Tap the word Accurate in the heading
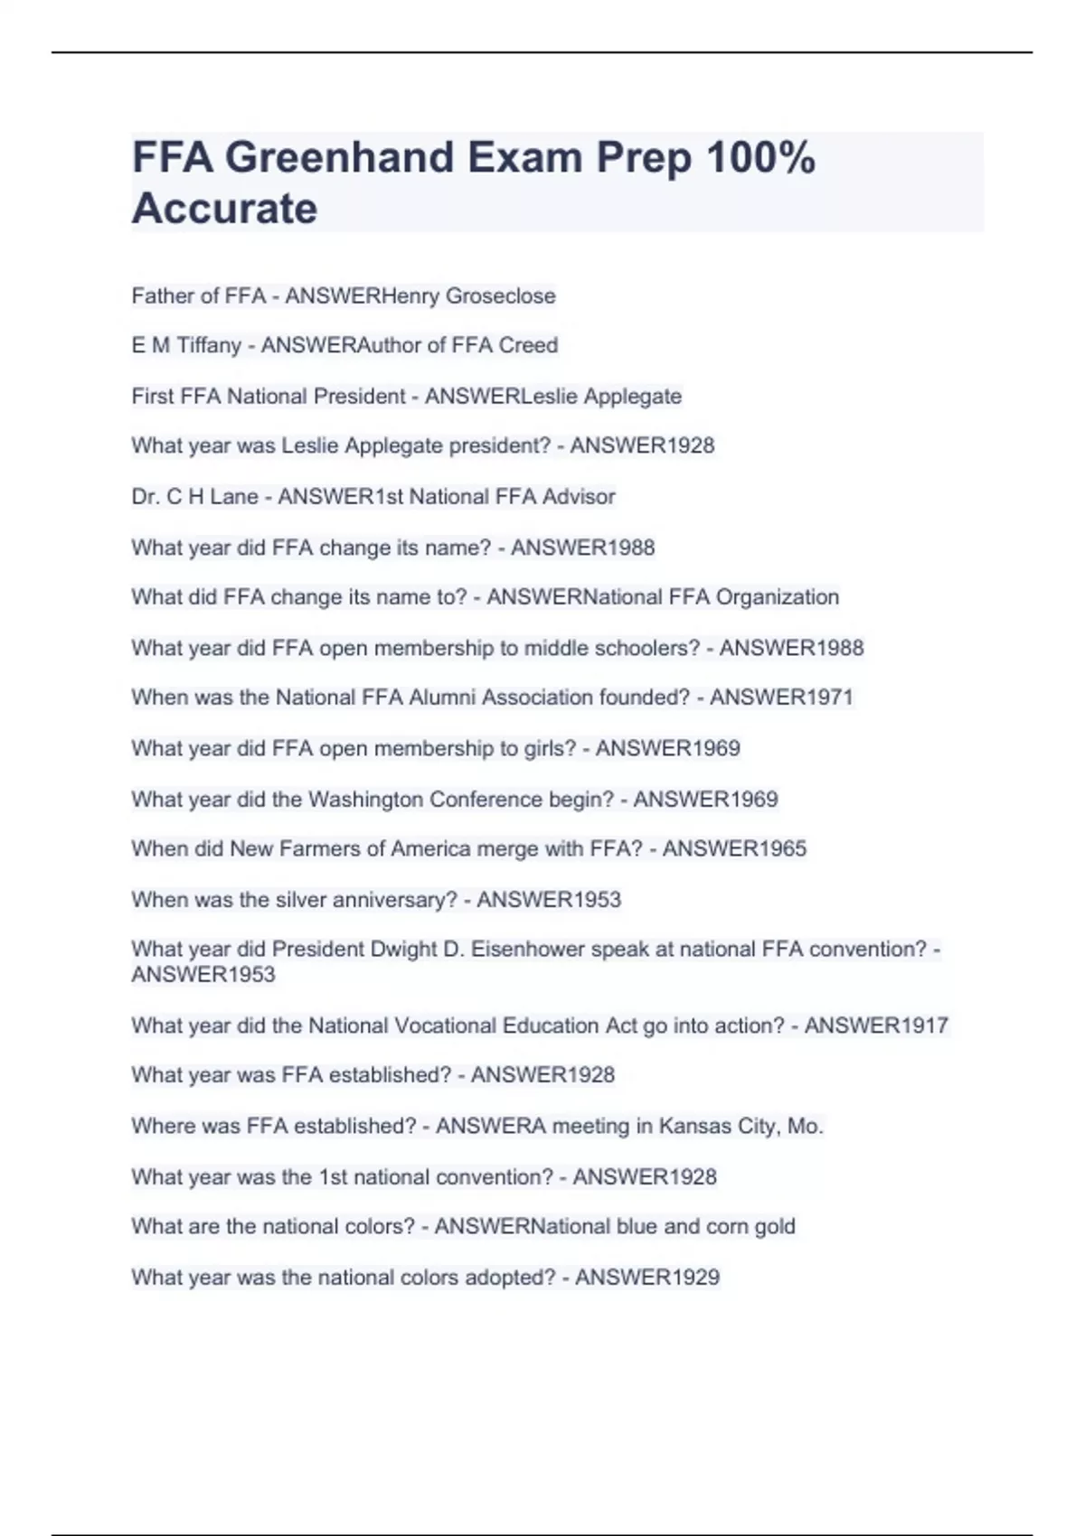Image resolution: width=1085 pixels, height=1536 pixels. pyautogui.click(x=225, y=209)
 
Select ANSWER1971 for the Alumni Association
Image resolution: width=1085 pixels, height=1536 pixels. pyautogui.click(x=781, y=698)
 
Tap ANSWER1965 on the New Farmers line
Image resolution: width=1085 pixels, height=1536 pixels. pyautogui.click(x=734, y=848)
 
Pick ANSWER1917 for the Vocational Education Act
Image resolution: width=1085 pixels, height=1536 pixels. pyautogui.click(x=876, y=1026)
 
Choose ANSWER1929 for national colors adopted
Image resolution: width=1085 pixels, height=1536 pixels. pyautogui.click(x=647, y=1278)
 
